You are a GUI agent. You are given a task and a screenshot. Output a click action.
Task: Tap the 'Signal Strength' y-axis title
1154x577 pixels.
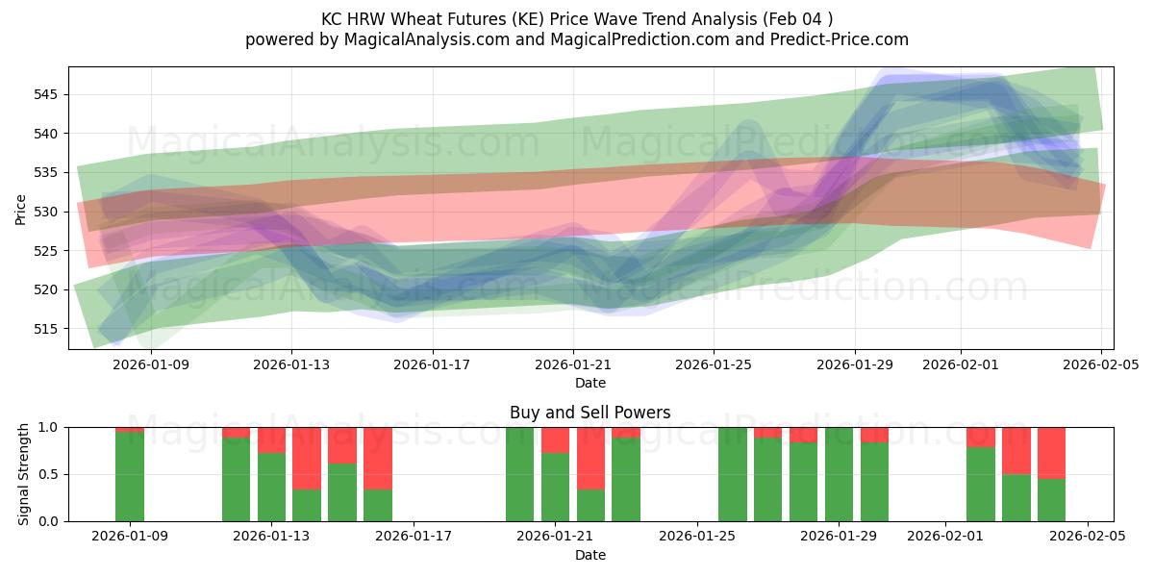[x=24, y=474]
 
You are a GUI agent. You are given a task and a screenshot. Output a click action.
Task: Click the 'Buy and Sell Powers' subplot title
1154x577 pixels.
[x=590, y=413]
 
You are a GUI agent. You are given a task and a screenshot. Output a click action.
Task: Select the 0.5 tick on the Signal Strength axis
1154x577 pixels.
[x=49, y=474]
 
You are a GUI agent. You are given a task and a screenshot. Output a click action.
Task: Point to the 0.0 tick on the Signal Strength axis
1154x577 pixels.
[x=49, y=521]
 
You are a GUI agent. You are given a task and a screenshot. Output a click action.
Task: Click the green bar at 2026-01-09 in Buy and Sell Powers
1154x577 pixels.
[x=130, y=476]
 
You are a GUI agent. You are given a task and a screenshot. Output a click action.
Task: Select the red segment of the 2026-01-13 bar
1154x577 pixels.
[x=271, y=439]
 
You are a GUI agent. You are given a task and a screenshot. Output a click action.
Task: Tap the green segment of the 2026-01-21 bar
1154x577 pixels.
[x=555, y=487]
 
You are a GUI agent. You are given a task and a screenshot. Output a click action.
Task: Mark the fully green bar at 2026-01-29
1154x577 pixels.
[x=839, y=474]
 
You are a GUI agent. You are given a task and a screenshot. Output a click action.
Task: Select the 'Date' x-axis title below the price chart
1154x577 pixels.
[x=590, y=383]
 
